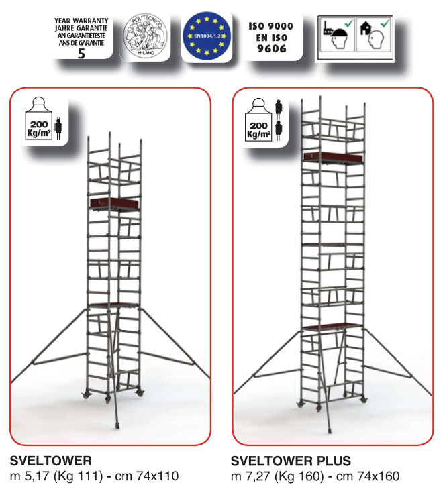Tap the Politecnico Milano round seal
(146, 37)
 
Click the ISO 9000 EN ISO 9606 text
(270, 37)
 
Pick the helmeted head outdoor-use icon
(336, 38)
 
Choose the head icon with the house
(373, 38)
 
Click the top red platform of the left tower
(115, 203)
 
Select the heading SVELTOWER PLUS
(291, 461)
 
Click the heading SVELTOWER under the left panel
(50, 461)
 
